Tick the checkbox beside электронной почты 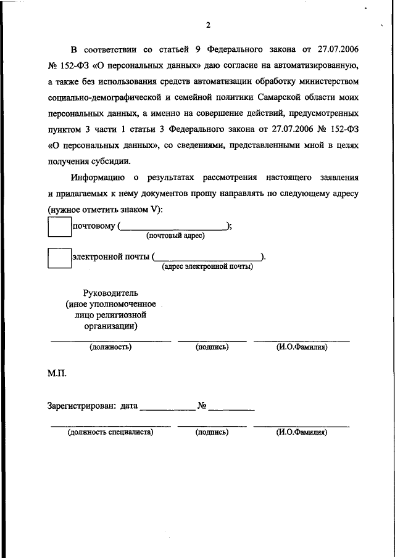[60, 256]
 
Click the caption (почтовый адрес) [175, 236]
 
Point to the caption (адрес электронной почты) [207, 266]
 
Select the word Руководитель [111, 292]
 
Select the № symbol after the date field [202, 406]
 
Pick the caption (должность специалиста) [110, 432]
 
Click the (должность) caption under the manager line [110, 347]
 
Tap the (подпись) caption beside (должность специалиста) [212, 432]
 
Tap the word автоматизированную [314, 65]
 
